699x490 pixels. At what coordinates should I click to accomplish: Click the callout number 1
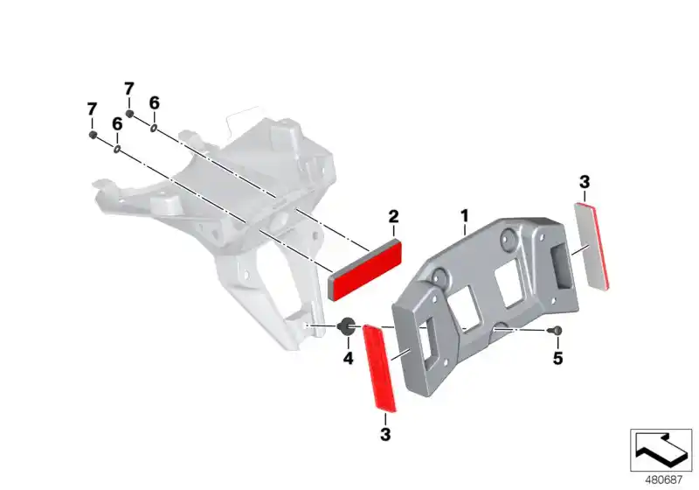click(465, 216)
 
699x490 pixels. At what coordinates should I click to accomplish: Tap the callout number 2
click(393, 217)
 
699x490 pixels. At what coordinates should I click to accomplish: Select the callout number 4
click(348, 358)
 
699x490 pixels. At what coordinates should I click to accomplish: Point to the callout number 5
click(557, 358)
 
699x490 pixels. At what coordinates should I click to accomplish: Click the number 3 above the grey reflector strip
click(585, 182)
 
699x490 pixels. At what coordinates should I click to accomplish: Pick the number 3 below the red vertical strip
click(385, 434)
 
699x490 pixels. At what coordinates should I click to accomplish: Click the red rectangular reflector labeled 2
click(364, 271)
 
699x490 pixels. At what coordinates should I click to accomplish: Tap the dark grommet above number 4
click(347, 326)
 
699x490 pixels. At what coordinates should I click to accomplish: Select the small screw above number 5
click(556, 330)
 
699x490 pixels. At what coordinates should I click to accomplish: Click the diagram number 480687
click(664, 480)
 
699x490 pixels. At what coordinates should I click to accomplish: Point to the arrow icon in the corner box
click(661, 450)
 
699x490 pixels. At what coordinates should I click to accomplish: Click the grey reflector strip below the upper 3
click(592, 247)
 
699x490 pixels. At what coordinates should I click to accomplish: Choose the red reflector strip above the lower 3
click(379, 368)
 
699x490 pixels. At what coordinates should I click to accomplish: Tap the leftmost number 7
click(92, 109)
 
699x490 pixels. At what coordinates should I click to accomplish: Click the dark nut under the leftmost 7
click(93, 135)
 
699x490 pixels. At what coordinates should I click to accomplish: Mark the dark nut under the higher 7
click(129, 114)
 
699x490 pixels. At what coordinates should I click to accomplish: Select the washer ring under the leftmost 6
click(117, 150)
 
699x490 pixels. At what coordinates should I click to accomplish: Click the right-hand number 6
click(154, 103)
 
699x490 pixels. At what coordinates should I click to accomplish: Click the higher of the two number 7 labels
click(128, 88)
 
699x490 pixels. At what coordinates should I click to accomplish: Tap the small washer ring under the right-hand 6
click(154, 129)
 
